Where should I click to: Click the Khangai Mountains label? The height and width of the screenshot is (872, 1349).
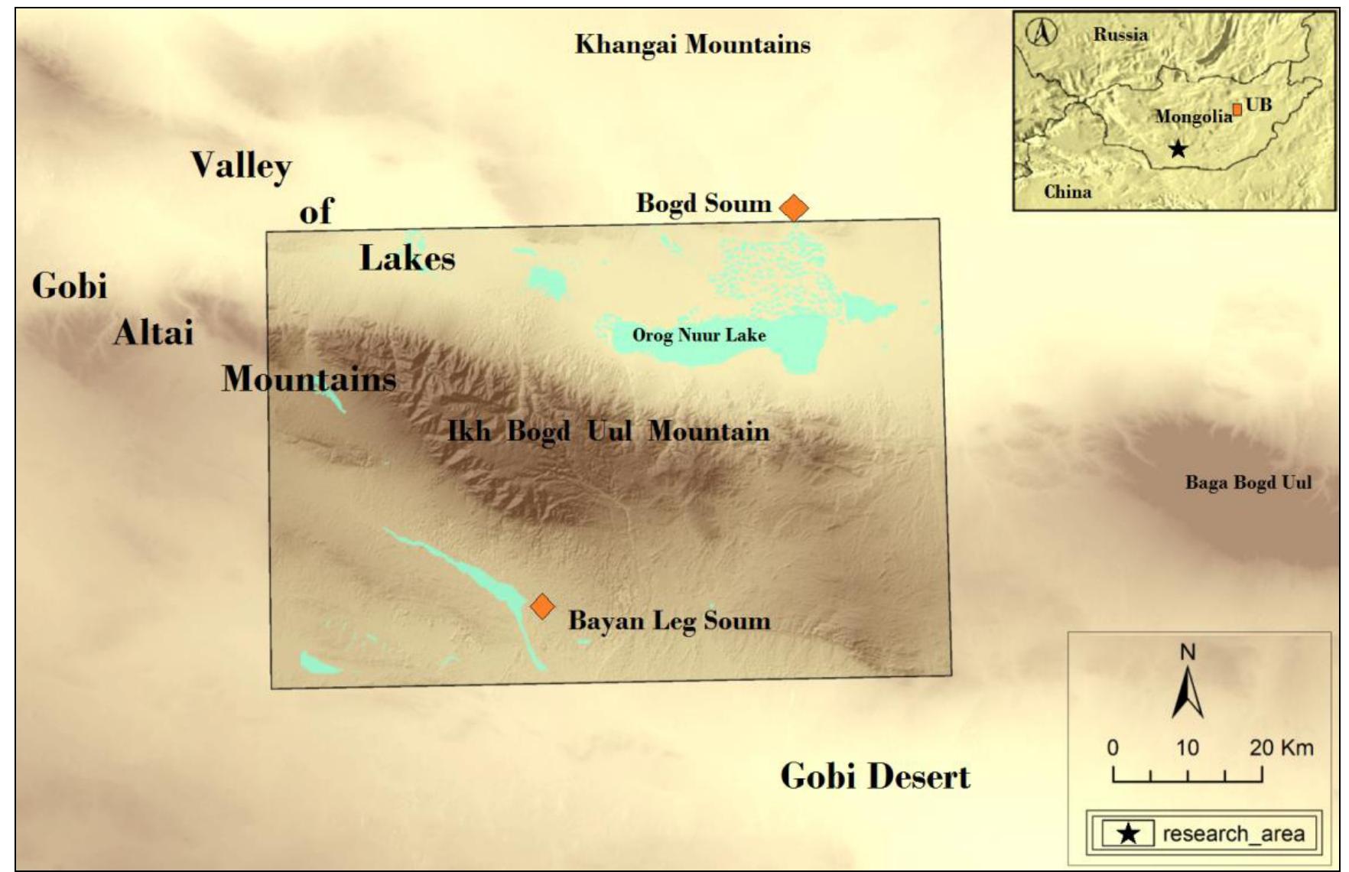click(x=692, y=44)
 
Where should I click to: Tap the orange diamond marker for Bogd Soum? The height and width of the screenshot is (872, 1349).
click(x=794, y=207)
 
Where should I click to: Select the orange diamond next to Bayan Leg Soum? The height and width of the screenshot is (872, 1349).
click(x=542, y=606)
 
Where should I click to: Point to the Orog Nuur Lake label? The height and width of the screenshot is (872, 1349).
click(x=698, y=335)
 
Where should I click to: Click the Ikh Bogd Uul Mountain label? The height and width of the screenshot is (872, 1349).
click(x=608, y=431)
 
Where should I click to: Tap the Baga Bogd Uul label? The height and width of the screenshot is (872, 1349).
click(x=1248, y=483)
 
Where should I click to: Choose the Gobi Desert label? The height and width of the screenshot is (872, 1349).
click(x=875, y=776)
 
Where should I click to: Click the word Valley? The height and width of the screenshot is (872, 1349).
click(x=241, y=165)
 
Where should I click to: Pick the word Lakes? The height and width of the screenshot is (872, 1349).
click(x=407, y=259)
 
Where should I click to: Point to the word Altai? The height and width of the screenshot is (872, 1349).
click(x=153, y=333)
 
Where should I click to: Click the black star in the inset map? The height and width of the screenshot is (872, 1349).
click(x=1178, y=148)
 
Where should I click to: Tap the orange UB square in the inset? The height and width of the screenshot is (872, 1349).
click(x=1237, y=109)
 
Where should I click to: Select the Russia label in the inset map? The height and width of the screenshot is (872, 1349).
click(x=1120, y=34)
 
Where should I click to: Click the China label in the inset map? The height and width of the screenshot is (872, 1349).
click(x=1068, y=191)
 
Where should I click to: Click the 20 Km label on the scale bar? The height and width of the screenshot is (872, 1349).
click(x=1281, y=747)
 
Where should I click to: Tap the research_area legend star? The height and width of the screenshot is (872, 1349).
click(x=1128, y=833)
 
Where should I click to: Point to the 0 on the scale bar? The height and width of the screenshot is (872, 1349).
click(x=1113, y=747)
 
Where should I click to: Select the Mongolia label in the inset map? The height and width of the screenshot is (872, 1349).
click(x=1193, y=116)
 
